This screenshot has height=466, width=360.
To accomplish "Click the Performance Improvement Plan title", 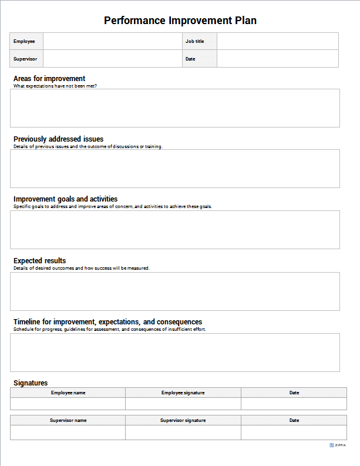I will pyautogui.click(x=180, y=21).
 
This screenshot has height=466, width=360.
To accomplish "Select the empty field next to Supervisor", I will pyautogui.click(x=112, y=59).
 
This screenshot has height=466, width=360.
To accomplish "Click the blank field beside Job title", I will pyautogui.click(x=277, y=41).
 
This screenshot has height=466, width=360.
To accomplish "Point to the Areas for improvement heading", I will pyautogui.click(x=49, y=78).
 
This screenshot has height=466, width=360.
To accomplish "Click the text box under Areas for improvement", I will pyautogui.click(x=175, y=108).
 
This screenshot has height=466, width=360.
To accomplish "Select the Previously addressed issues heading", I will pyautogui.click(x=58, y=139).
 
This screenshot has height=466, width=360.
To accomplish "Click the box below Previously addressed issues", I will pyautogui.click(x=175, y=169).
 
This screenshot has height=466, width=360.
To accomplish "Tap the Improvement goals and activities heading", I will pyautogui.click(x=65, y=199).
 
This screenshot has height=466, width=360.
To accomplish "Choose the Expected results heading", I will pyautogui.click(x=39, y=260).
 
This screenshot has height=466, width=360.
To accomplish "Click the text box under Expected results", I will pyautogui.click(x=175, y=291).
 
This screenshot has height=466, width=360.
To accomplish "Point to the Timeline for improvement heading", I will pyautogui.click(x=107, y=322).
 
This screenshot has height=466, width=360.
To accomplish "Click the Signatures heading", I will pyautogui.click(x=31, y=383).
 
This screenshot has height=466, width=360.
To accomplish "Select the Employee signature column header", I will pyautogui.click(x=183, y=393).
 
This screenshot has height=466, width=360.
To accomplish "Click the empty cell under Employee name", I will pyautogui.click(x=68, y=404).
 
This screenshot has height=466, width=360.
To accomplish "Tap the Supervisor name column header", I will pyautogui.click(x=68, y=420).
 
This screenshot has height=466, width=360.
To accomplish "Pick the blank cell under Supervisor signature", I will pyautogui.click(x=183, y=433).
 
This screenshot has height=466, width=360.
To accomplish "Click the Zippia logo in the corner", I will pyautogui.click(x=338, y=445).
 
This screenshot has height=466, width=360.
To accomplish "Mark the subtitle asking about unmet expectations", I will pyautogui.click(x=55, y=86).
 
